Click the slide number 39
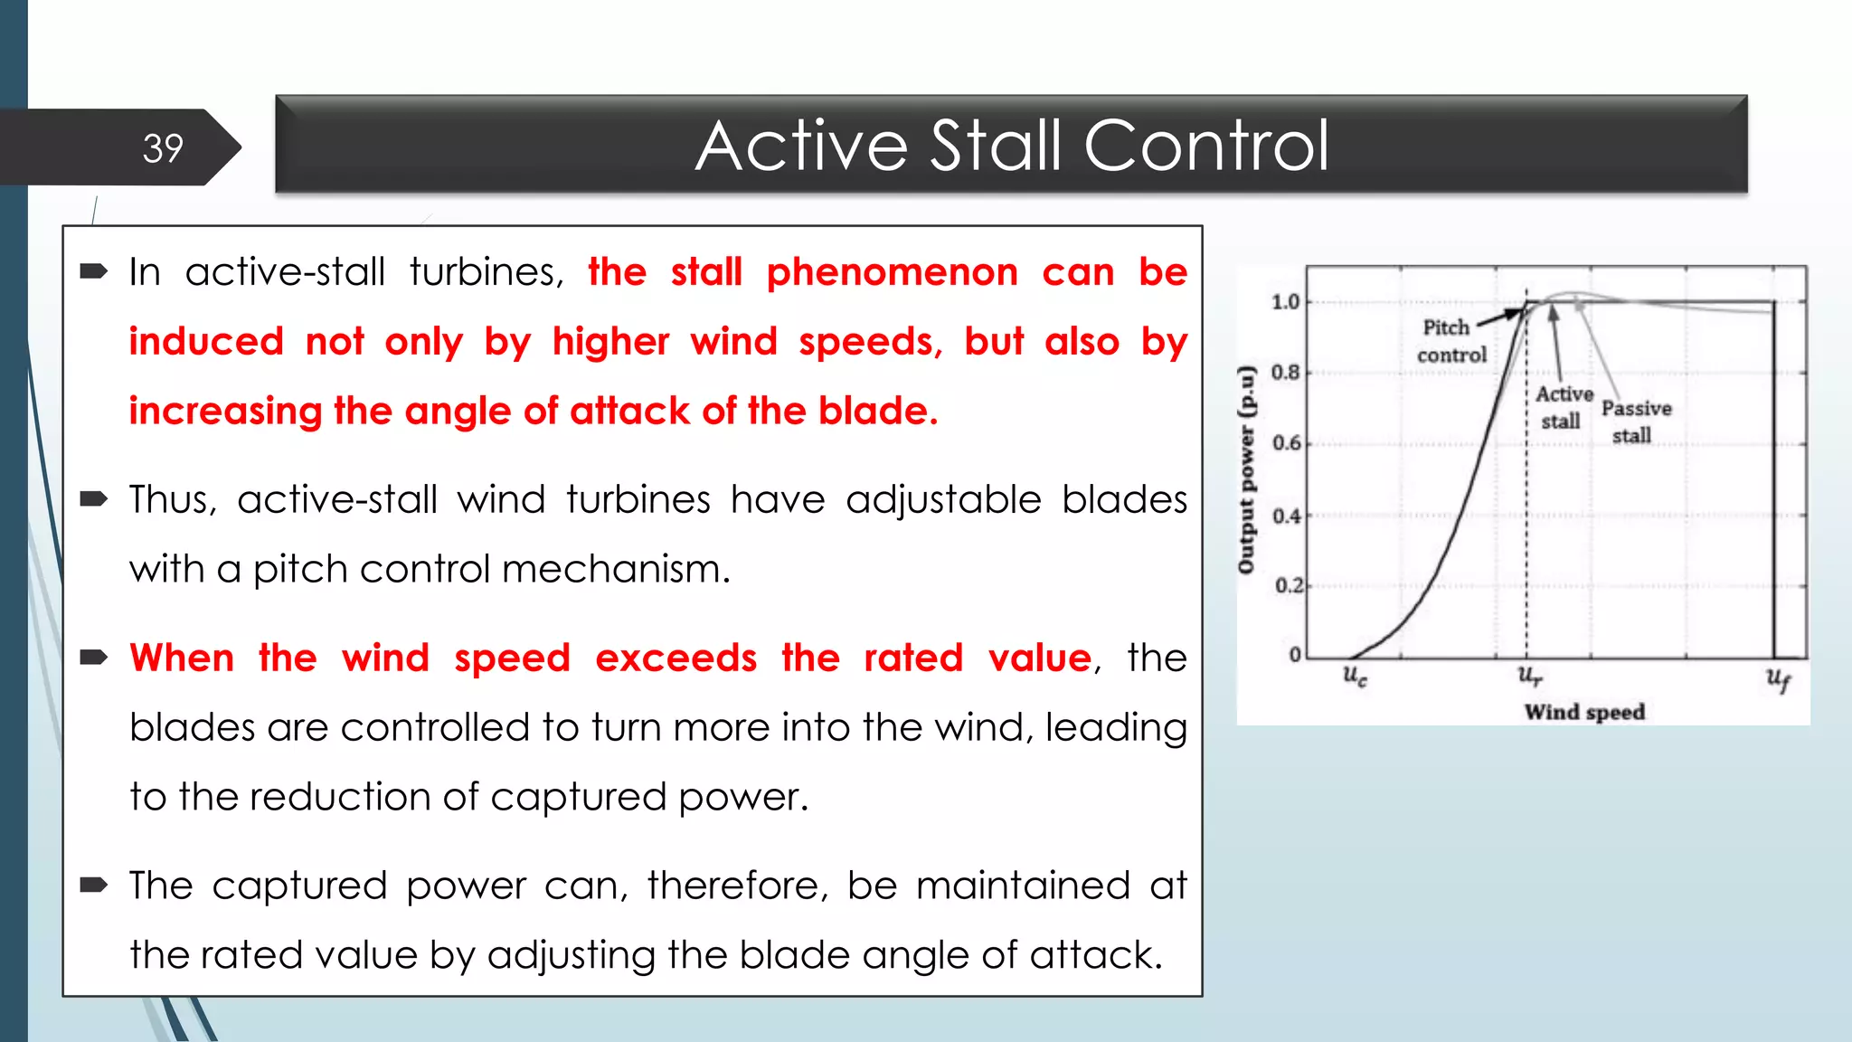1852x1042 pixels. tap(163, 148)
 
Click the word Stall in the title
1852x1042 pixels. tap(996, 146)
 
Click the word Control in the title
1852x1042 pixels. tap(1206, 146)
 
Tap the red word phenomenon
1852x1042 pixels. tap(892, 272)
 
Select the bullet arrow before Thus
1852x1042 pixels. tap(94, 499)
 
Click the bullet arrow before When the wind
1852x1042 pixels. tap(94, 658)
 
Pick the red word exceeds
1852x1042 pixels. tap(676, 658)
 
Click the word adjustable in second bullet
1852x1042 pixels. tap(943, 499)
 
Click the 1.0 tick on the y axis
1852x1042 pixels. tap(1285, 301)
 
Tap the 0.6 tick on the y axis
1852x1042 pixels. tap(1286, 443)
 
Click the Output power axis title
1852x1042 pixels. tap(1247, 470)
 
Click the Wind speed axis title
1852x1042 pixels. tap(1584, 712)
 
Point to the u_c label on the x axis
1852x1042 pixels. tap(1354, 676)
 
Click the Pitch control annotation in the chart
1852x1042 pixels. tap(1450, 341)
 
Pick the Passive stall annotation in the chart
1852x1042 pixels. tap(1635, 422)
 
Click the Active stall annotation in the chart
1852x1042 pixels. tap(1563, 407)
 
